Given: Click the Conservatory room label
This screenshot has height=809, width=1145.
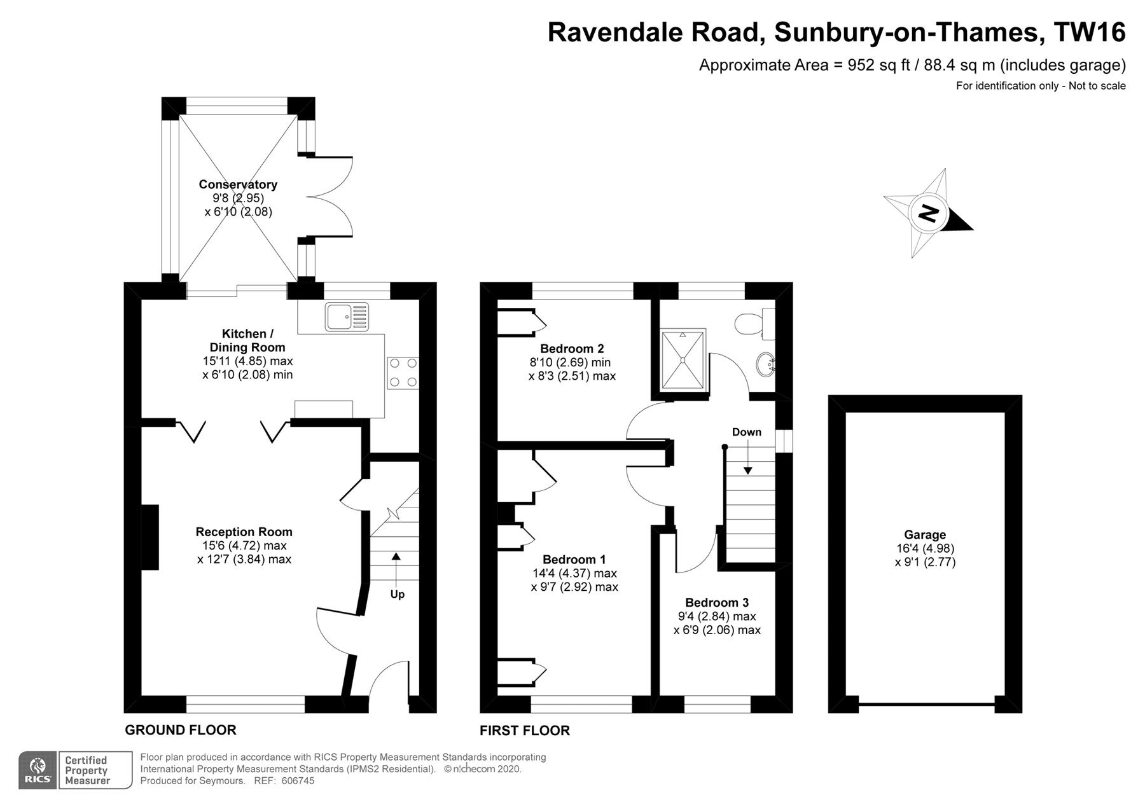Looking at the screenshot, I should pos(238,184).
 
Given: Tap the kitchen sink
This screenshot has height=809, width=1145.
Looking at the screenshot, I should pos(347,317).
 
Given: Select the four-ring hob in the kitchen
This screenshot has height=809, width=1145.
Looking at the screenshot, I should pos(403,373).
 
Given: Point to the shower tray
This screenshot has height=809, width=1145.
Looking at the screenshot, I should pos(683,360).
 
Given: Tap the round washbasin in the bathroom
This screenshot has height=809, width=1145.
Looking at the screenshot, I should pos(765,364).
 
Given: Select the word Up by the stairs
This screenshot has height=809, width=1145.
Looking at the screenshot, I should pos(397,594).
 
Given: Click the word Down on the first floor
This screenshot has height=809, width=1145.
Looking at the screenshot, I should pos(746,432).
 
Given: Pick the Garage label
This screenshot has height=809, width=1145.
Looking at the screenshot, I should pos(925,535).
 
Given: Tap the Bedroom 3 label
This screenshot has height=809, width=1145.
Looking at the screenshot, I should pos(717,602).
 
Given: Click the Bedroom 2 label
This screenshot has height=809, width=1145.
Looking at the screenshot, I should pos(572,349).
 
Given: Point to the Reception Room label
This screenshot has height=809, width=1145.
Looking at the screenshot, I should pos(244,532).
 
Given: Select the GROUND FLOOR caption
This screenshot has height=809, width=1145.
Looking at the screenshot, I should pos(181,730).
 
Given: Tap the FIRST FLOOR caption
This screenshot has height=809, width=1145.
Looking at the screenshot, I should pos(525,731).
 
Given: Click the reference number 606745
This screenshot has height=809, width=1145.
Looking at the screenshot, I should pos(298,781).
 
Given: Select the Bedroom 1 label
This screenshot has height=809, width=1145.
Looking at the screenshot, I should pos(574,560).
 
